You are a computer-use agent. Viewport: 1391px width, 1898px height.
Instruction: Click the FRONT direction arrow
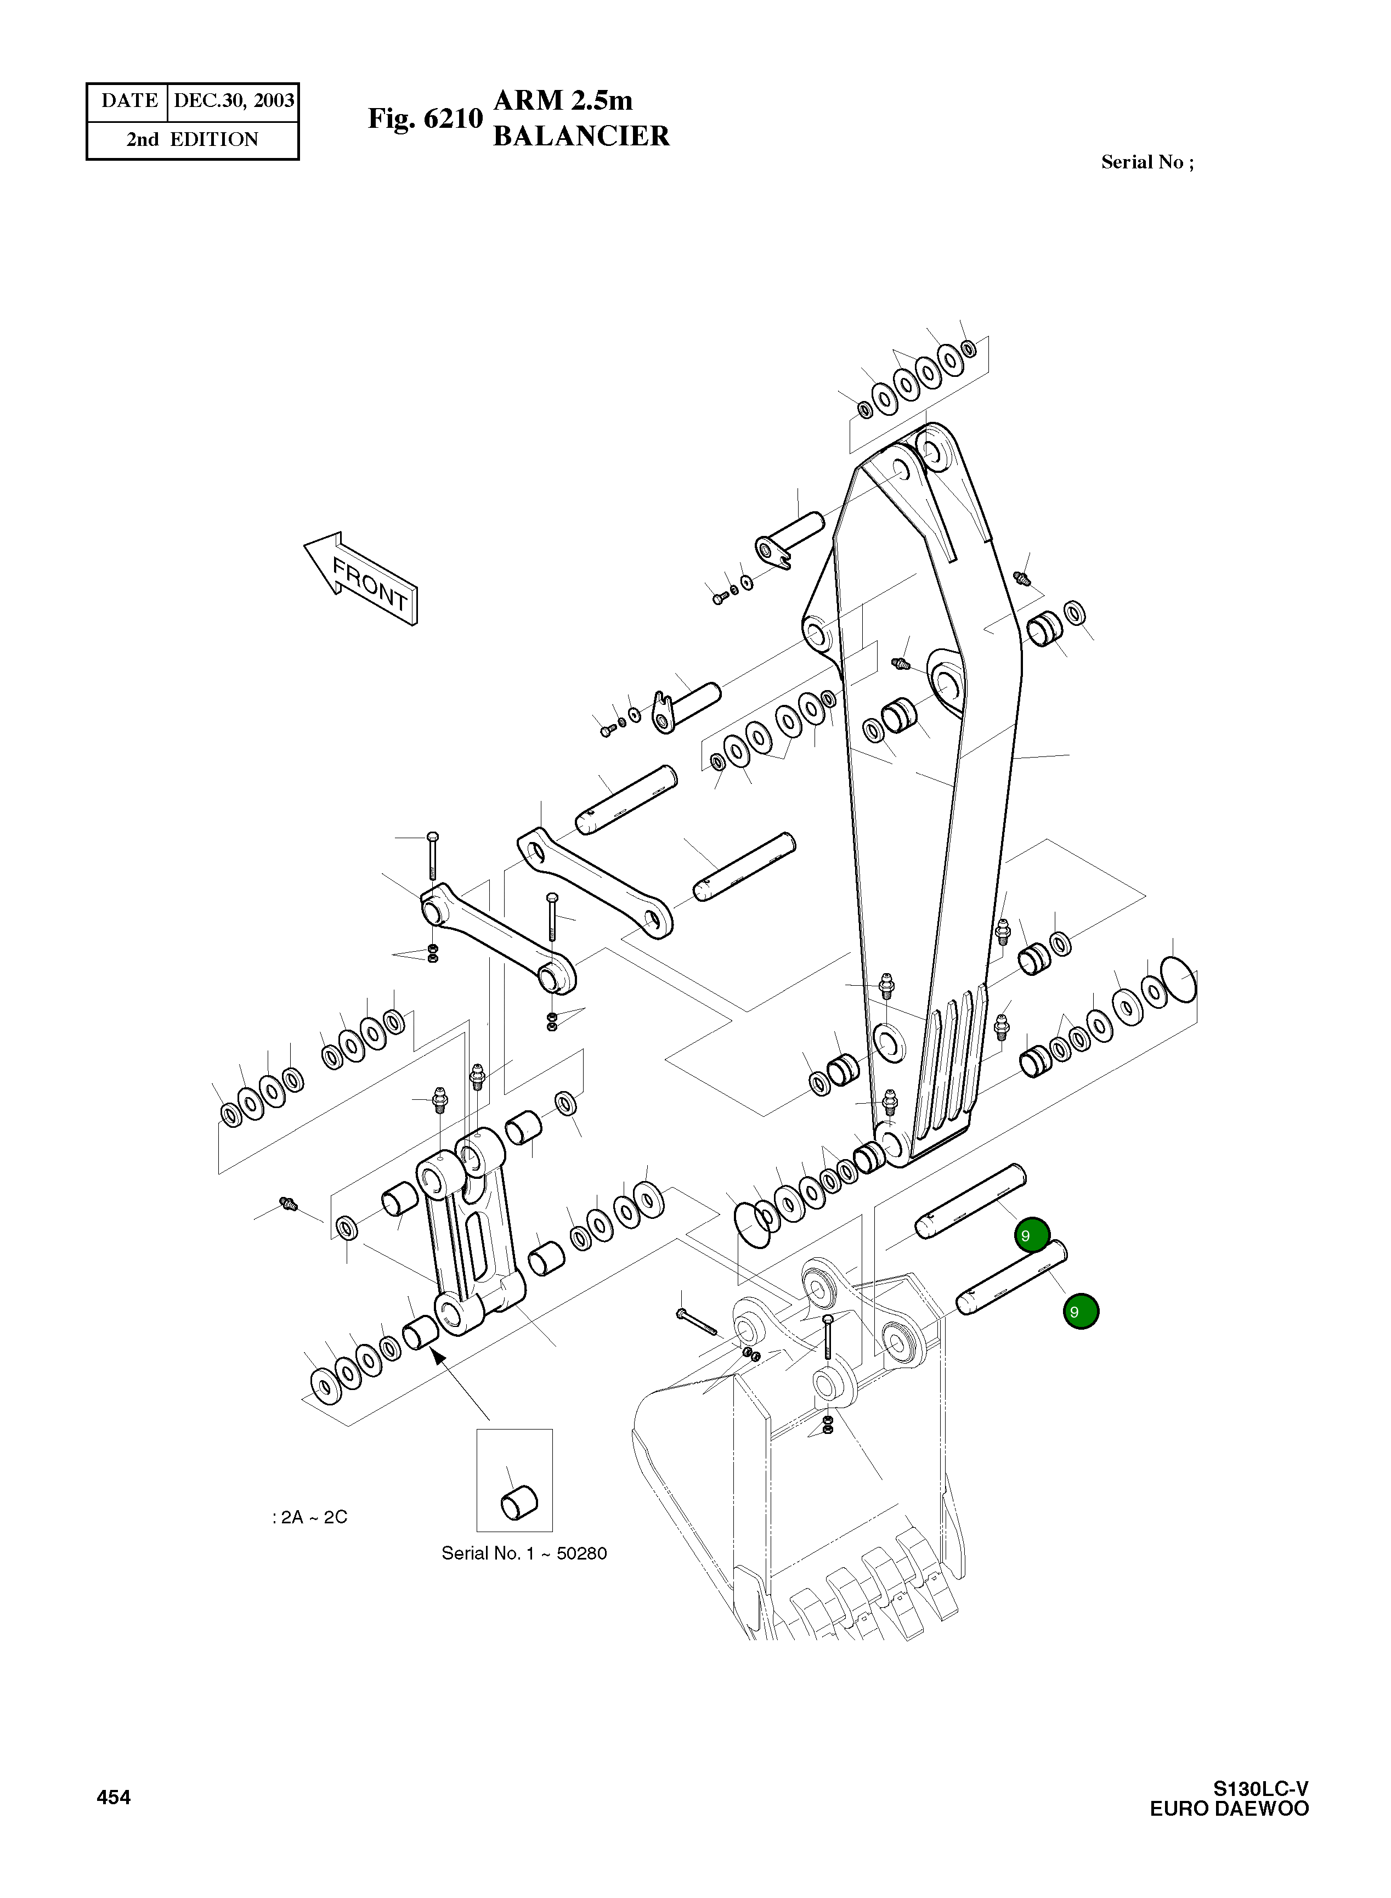coord(361,579)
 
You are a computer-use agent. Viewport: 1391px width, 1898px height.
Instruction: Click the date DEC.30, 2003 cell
coord(233,101)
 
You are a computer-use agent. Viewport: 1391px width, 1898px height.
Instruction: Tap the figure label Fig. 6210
coord(425,118)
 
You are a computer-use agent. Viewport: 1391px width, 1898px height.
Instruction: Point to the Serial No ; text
coord(1147,162)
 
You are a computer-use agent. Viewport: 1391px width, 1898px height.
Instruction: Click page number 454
coord(114,1798)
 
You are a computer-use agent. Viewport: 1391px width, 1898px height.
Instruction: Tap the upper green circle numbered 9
coord(1032,1236)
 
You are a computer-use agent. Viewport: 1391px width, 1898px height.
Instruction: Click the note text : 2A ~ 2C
coord(310,1517)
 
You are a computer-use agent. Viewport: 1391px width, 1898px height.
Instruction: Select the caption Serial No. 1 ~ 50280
coord(524,1554)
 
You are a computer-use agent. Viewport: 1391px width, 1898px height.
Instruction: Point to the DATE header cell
coord(129,101)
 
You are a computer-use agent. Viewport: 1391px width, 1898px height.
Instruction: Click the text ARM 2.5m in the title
coord(562,100)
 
